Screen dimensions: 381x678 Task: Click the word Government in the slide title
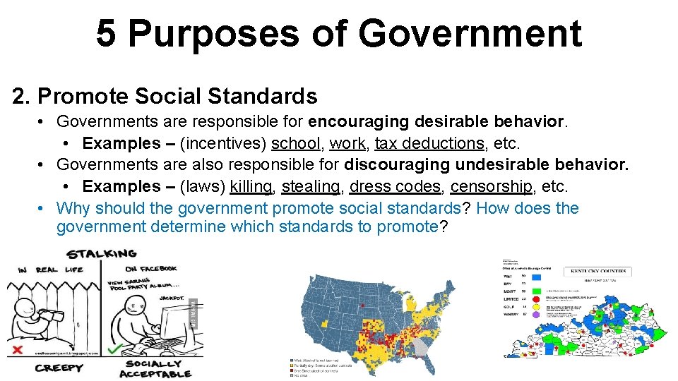point(470,33)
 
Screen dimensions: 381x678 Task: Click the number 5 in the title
point(106,33)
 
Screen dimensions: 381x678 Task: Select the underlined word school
point(296,143)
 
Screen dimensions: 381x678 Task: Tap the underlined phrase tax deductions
point(429,143)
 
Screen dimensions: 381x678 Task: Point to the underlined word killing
point(251,186)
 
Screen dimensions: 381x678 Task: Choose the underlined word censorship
point(492,186)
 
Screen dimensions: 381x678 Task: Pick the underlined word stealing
point(311,186)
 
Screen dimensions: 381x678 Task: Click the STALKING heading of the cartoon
point(101,253)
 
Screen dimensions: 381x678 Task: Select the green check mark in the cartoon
point(113,349)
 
